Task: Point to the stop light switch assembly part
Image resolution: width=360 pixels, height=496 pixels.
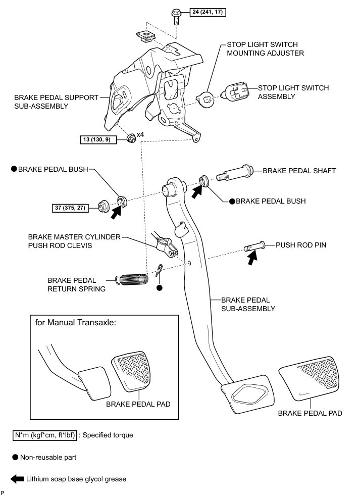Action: (237, 92)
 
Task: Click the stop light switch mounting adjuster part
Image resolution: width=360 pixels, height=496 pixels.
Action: (205, 98)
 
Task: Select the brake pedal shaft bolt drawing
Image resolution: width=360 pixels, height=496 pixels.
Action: (235, 175)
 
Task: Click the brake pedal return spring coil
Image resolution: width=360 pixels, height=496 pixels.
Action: (131, 278)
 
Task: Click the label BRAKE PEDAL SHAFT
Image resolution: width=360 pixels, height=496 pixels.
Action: (299, 171)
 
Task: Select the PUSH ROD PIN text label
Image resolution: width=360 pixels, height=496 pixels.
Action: (301, 245)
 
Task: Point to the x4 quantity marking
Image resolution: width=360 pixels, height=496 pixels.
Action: (140, 135)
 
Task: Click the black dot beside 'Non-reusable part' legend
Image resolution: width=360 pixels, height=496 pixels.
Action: (15, 457)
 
